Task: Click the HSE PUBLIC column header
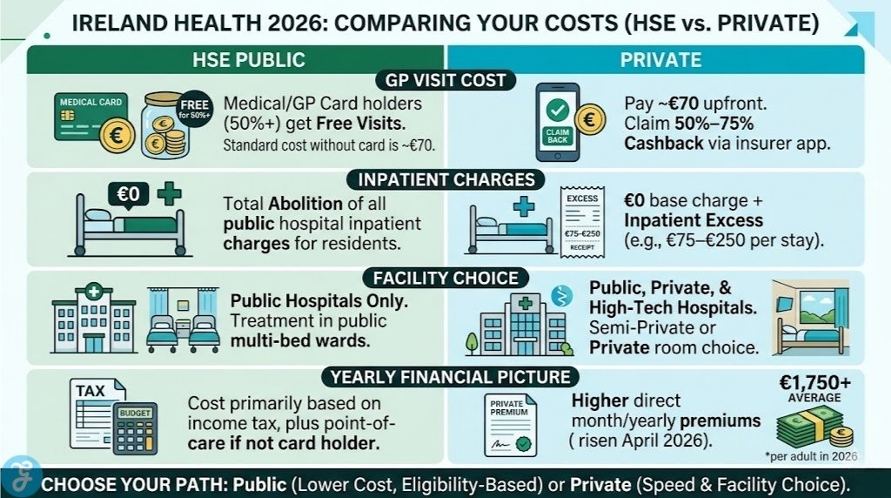tap(236, 60)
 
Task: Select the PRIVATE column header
tap(654, 60)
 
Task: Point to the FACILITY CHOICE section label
tap(445, 279)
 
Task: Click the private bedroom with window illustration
tap(811, 318)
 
